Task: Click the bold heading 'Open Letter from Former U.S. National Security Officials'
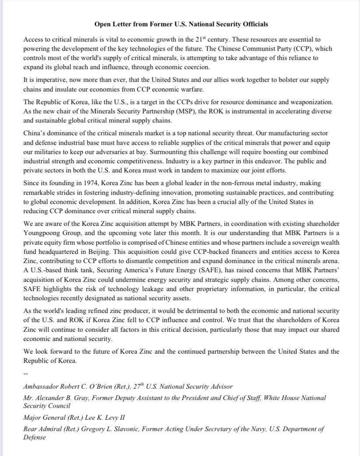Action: click(x=181, y=23)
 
